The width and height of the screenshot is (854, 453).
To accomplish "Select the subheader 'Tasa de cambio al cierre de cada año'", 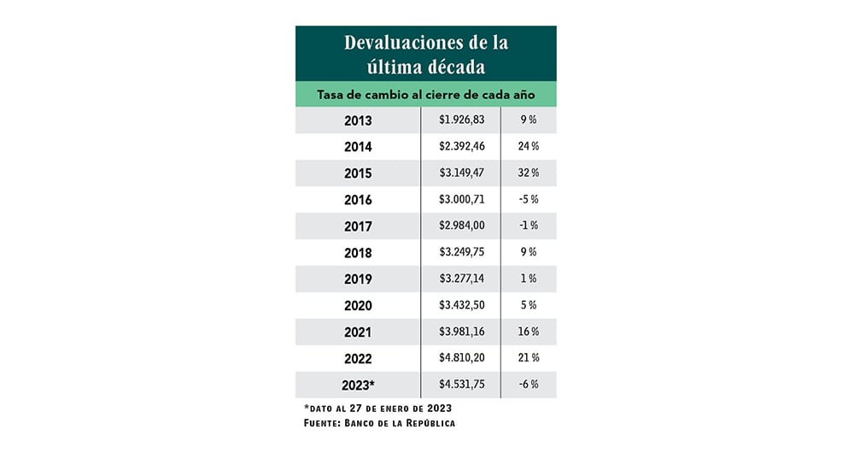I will pyautogui.click(x=425, y=94).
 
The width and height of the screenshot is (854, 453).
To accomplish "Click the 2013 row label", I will pyautogui.click(x=358, y=121).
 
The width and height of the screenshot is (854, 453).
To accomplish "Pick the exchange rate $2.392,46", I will pyautogui.click(x=461, y=146).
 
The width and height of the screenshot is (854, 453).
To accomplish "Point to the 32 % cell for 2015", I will pyautogui.click(x=529, y=173).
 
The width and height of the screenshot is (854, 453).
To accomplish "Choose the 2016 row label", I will pyautogui.click(x=358, y=199).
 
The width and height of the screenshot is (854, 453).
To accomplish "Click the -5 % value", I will pyautogui.click(x=529, y=199).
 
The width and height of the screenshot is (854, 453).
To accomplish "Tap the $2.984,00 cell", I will pyautogui.click(x=461, y=226).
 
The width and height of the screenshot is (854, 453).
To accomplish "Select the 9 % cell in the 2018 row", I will pyautogui.click(x=529, y=252).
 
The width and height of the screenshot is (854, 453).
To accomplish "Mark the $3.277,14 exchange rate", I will pyautogui.click(x=461, y=279).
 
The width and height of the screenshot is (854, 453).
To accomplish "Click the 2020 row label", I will pyautogui.click(x=358, y=305).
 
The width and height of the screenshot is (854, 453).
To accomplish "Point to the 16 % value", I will pyautogui.click(x=529, y=332).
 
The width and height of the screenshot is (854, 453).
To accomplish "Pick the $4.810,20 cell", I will pyautogui.click(x=461, y=357).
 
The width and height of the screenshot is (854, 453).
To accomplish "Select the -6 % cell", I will pyautogui.click(x=529, y=384).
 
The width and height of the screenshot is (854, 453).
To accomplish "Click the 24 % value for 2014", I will pyautogui.click(x=529, y=146).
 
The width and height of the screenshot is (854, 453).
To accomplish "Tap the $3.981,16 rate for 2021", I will pyautogui.click(x=461, y=332).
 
